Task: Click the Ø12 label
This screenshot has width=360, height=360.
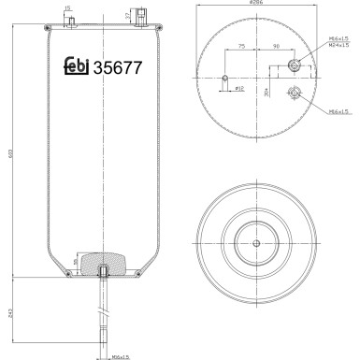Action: pos(238,88)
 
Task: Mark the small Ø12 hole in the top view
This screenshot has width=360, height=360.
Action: pos(225,79)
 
